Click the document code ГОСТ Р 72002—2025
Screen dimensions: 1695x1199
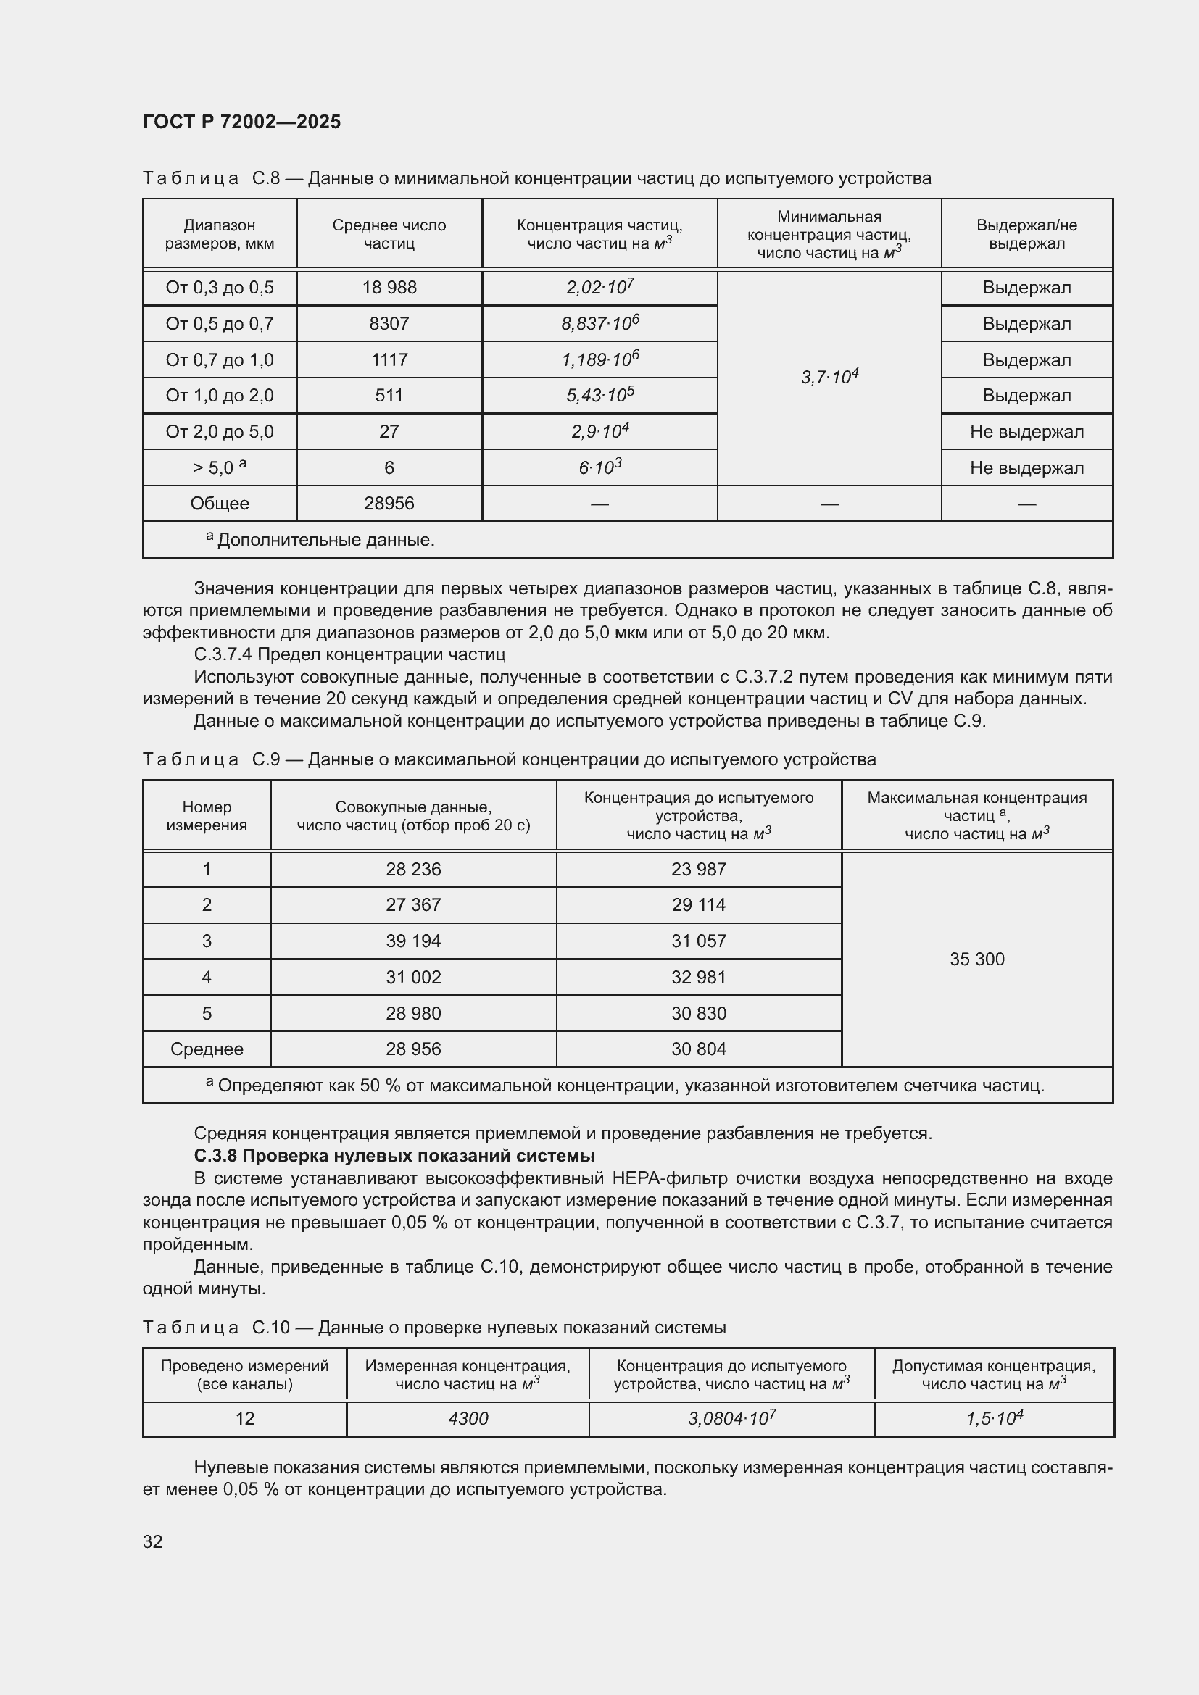[x=241, y=122]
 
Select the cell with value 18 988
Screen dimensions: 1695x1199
[x=389, y=288]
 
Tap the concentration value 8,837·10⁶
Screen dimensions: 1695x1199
[x=599, y=324]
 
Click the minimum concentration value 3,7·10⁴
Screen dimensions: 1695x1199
[x=829, y=378]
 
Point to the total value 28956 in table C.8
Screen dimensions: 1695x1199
[x=389, y=504]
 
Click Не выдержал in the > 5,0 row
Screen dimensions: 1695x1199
[x=1026, y=468]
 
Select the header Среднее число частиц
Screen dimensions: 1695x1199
[x=389, y=234]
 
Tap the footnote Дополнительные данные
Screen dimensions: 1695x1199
[x=325, y=541]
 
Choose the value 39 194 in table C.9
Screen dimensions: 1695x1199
[x=412, y=941]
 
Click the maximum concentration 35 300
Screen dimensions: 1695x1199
[x=976, y=959]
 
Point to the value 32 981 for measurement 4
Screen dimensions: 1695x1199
[x=697, y=978]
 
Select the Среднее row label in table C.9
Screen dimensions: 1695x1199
[x=207, y=1049]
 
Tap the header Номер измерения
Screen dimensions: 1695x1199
[x=207, y=816]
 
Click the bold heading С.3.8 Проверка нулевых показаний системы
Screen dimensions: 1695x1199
[x=394, y=1155]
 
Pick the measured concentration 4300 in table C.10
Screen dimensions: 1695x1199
[x=468, y=1419]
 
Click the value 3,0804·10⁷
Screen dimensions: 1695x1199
[x=731, y=1419]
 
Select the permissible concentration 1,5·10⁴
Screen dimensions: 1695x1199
[x=994, y=1419]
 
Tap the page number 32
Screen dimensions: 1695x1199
[x=153, y=1541]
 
